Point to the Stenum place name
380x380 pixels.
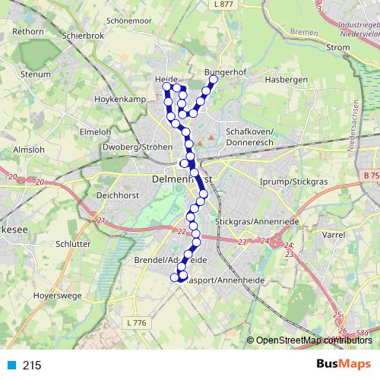pyautogui.click(x=36, y=75)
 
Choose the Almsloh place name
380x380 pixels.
pyautogui.click(x=29, y=150)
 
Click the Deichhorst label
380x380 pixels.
pyautogui.click(x=116, y=195)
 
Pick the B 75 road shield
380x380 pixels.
pyautogui.click(x=371, y=176)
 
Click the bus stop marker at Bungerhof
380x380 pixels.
pyautogui.click(x=214, y=79)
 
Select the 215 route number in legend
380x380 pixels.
pyautogui.click(x=31, y=366)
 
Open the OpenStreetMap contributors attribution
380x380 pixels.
pyautogui.click(x=312, y=340)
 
